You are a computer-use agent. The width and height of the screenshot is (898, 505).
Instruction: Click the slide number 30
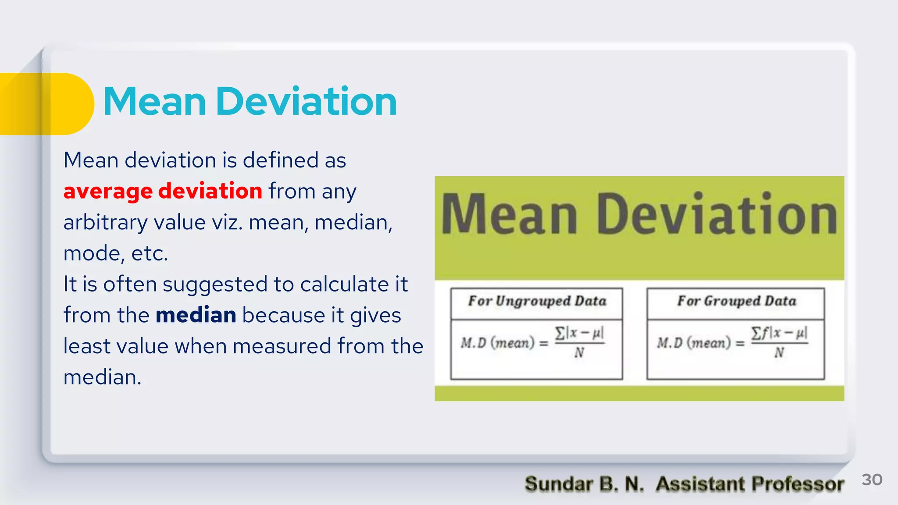[872, 480]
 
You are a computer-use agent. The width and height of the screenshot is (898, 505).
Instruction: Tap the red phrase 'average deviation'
[163, 191]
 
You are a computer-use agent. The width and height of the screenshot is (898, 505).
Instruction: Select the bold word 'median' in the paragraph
[196, 315]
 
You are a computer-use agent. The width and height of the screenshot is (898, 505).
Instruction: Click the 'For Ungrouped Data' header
[537, 301]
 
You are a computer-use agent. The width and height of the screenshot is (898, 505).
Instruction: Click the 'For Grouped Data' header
[736, 301]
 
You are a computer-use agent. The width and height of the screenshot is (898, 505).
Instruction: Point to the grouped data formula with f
[732, 342]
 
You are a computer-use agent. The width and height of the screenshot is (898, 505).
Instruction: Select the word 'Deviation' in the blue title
[306, 102]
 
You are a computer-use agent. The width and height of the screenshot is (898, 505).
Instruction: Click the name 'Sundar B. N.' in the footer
[584, 484]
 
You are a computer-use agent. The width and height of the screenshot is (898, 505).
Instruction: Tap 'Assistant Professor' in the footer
[750, 484]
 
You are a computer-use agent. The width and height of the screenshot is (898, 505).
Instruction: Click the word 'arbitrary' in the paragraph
[105, 223]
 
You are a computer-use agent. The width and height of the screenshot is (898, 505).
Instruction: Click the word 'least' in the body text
[86, 346]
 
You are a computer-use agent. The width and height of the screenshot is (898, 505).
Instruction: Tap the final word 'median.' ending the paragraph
[103, 377]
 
